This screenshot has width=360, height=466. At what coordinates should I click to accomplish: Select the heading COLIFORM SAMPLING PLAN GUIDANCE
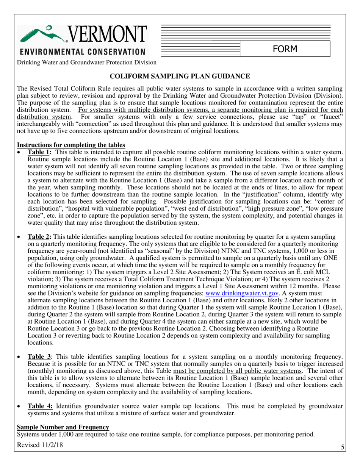tap(180, 77)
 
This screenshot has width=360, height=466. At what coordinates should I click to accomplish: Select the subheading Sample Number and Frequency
tap(63, 427)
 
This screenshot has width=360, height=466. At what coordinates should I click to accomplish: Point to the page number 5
tap(342, 447)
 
